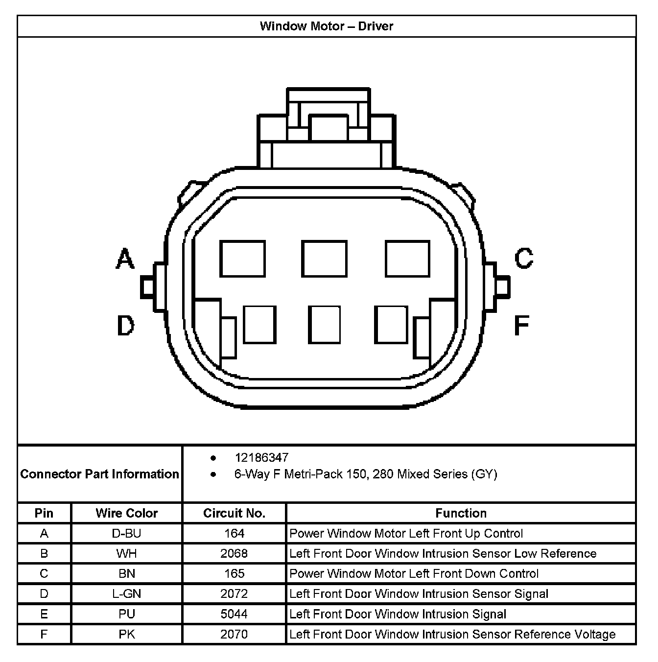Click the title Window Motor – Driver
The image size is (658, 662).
pyautogui.click(x=327, y=26)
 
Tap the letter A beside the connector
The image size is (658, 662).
pyautogui.click(x=125, y=259)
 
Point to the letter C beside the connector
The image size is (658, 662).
pyautogui.click(x=524, y=258)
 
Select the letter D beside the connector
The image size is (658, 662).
pyautogui.click(x=125, y=325)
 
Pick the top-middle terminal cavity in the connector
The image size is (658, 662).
pyautogui.click(x=324, y=259)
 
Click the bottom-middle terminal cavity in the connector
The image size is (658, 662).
pyautogui.click(x=324, y=325)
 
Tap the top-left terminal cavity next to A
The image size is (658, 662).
pyautogui.click(x=242, y=259)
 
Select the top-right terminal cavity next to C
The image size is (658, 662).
pyautogui.click(x=407, y=259)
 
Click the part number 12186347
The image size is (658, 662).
pyautogui.click(x=261, y=458)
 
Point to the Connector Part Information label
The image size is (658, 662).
pyautogui.click(x=100, y=474)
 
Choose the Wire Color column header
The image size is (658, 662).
pyautogui.click(x=127, y=513)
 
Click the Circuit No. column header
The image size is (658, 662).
pyautogui.click(x=234, y=513)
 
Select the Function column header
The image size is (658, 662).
pyautogui.click(x=461, y=513)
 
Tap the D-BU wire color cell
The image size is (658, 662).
pyautogui.click(x=127, y=533)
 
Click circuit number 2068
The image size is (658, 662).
pyautogui.click(x=234, y=553)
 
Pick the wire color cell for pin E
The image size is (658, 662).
pyautogui.click(x=127, y=614)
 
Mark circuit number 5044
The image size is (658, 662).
pyautogui.click(x=234, y=614)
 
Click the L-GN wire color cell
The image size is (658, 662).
pyautogui.click(x=127, y=594)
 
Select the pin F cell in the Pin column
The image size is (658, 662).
pyautogui.click(x=44, y=634)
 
